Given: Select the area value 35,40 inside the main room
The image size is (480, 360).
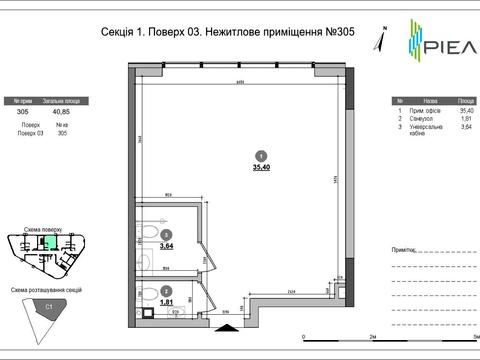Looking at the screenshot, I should tap(261, 168).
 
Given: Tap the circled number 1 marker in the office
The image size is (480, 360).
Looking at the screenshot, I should tap(261, 155).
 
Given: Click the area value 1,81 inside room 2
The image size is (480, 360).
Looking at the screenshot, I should tap(166, 301).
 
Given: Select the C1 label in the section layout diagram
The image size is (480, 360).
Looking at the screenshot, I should tap(48, 308).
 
